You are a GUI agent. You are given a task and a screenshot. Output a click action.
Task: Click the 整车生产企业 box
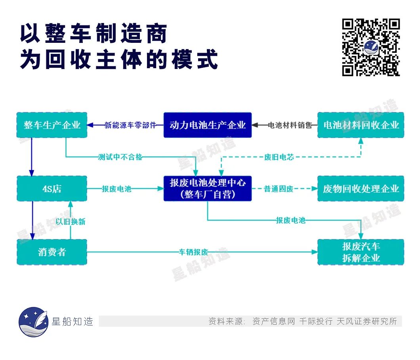click(x=52, y=125)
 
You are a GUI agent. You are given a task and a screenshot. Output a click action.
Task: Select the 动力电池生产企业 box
click(x=208, y=125)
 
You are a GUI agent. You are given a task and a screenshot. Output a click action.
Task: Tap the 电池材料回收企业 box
click(x=361, y=125)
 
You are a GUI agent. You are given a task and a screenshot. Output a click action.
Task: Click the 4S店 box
click(x=52, y=189)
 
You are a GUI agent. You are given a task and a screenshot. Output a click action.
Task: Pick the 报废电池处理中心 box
click(x=208, y=189)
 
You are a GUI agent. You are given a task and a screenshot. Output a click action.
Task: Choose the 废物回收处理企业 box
click(x=361, y=189)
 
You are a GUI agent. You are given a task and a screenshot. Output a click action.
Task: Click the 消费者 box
click(x=52, y=252)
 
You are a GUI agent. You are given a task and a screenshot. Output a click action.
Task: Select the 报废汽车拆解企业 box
click(x=361, y=252)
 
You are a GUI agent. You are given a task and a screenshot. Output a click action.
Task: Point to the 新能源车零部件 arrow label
click(x=130, y=125)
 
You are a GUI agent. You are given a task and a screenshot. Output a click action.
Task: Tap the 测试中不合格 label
click(x=120, y=157)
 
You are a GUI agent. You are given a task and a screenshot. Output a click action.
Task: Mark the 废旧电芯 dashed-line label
click(x=279, y=157)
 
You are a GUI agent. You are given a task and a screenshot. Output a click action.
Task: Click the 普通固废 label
click(x=279, y=189)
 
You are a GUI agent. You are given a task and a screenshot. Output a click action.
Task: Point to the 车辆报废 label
click(x=193, y=252)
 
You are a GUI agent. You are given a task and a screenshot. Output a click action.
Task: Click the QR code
click(x=371, y=47)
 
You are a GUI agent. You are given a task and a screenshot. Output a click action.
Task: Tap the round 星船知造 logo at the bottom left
click(x=33, y=322)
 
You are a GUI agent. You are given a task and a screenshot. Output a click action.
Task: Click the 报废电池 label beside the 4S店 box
click(x=116, y=189)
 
